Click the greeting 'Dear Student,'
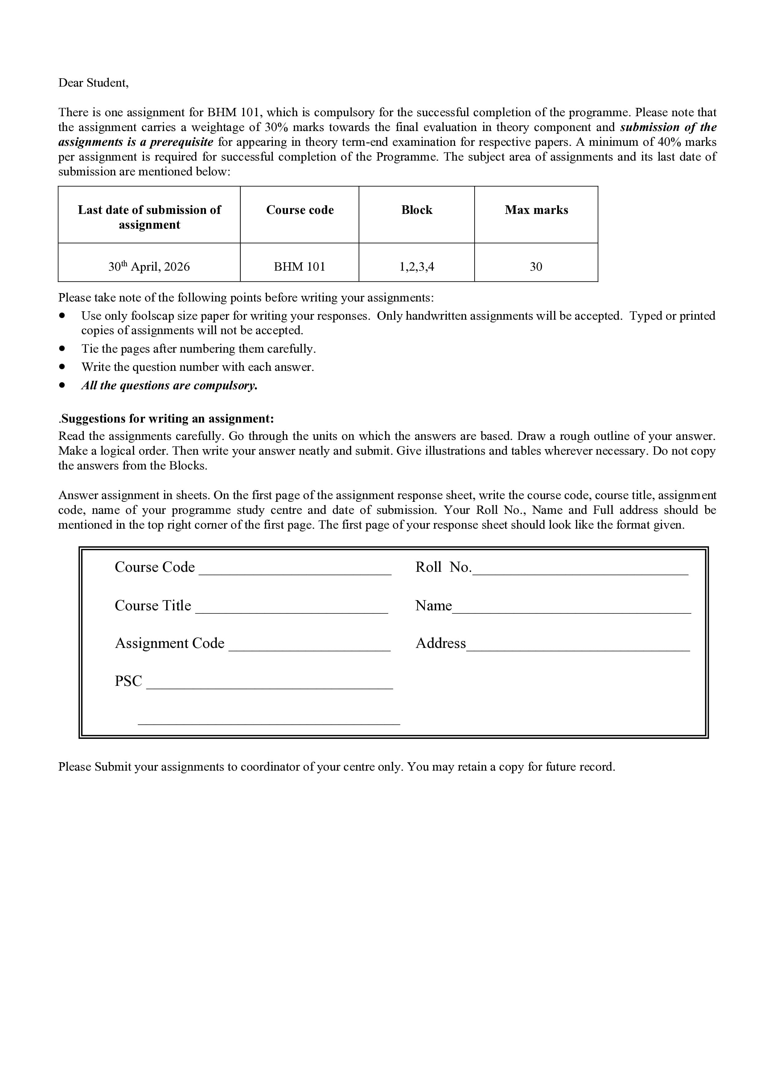pyautogui.click(x=93, y=83)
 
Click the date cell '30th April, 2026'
pyautogui.click(x=149, y=267)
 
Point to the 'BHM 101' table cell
pyautogui.click(x=300, y=267)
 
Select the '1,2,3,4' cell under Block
pyautogui.click(x=416, y=267)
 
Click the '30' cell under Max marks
pyautogui.click(x=536, y=267)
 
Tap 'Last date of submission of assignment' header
pyautogui.click(x=149, y=217)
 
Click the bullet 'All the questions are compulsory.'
pyautogui.click(x=170, y=386)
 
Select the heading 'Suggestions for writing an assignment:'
pyautogui.click(x=167, y=419)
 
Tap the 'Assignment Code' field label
pyautogui.click(x=170, y=643)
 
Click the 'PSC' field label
pyautogui.click(x=128, y=681)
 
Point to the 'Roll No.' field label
pyautogui.click(x=443, y=567)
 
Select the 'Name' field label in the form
pyautogui.click(x=433, y=605)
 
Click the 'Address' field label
pyautogui.click(x=440, y=643)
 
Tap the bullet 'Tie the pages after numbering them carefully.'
pyautogui.click(x=198, y=349)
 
